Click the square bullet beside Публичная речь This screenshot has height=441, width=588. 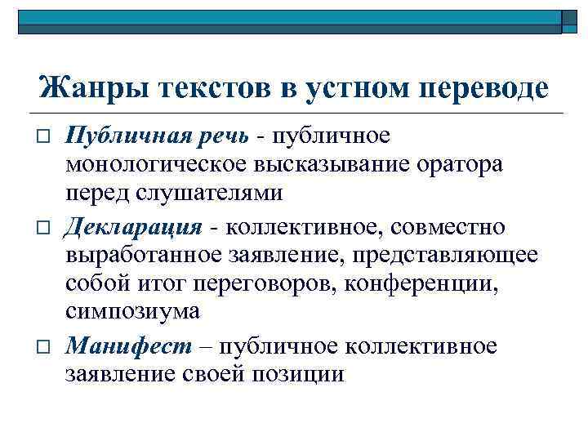coord(42,135)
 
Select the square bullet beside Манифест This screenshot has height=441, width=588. coord(42,345)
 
